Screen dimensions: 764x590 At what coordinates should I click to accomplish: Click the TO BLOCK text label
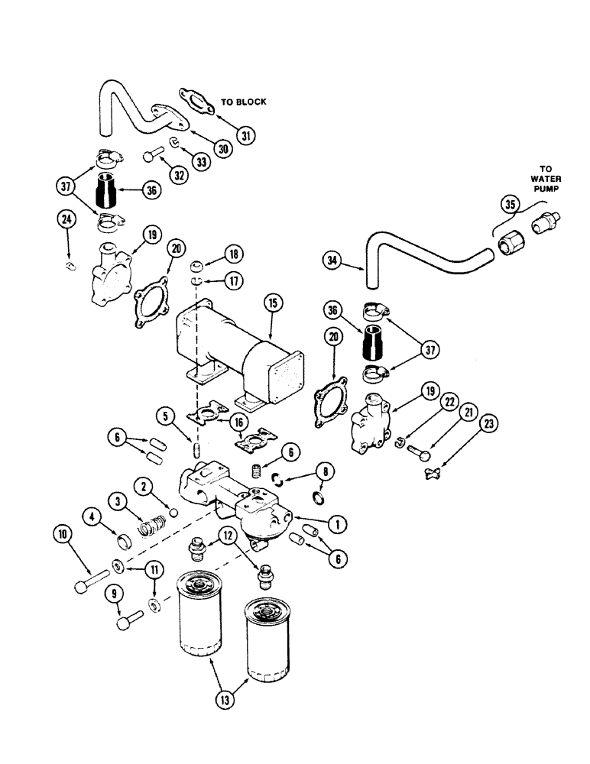click(x=243, y=102)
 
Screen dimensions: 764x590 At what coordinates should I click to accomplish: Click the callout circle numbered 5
click(x=164, y=416)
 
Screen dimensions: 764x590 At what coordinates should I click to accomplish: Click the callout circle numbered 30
click(x=222, y=151)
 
